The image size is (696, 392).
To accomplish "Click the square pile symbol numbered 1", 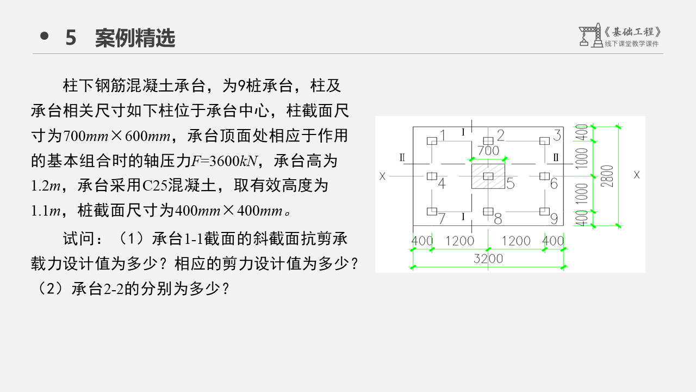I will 432,140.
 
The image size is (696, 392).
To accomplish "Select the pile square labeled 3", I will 544,140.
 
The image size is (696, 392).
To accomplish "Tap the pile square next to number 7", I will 432,211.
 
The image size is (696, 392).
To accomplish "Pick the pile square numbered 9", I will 544,211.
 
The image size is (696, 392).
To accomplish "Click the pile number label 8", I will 498,219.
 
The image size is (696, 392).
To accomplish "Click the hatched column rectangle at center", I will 488,175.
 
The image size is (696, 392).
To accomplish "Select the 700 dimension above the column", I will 488,150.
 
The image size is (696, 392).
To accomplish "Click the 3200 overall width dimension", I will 488,259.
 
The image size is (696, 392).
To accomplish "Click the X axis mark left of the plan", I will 383,176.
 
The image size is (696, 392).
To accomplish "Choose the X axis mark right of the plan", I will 637,175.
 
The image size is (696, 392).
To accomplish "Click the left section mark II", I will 402,158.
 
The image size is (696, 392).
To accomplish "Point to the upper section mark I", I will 463,132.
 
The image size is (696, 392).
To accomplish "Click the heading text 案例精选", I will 135,38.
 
